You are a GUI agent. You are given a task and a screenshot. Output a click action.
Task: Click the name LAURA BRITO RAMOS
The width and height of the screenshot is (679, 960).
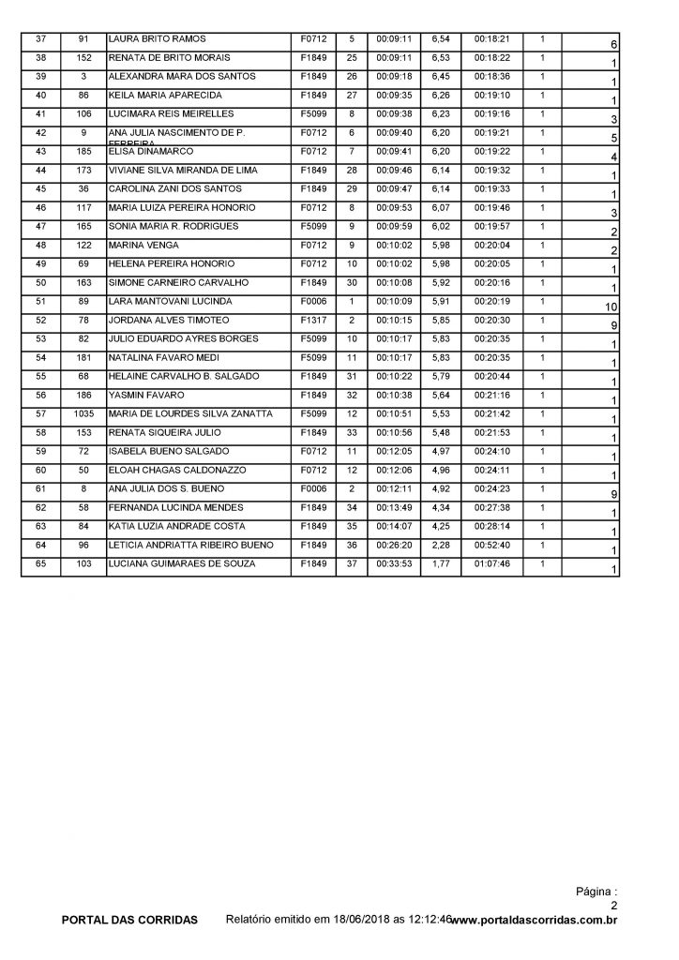pyautogui.click(x=152, y=40)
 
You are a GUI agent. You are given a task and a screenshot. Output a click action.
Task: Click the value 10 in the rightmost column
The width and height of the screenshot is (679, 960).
pyautogui.click(x=609, y=307)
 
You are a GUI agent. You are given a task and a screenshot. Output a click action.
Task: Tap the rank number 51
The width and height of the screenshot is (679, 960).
pyautogui.click(x=40, y=302)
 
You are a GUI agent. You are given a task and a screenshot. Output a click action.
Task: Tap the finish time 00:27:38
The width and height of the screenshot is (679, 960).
pyautogui.click(x=492, y=507)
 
